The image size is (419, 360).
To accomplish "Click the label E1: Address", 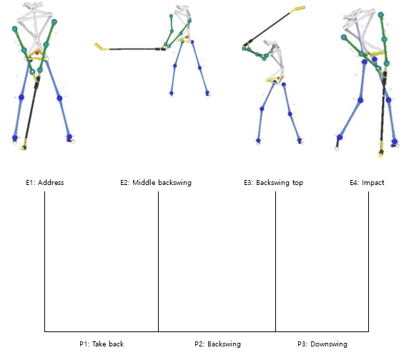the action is [x=44, y=183].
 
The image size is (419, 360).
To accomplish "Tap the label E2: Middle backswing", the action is [x=156, y=183].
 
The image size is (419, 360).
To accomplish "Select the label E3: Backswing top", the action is [x=273, y=183].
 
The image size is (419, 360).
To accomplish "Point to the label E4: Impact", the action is [x=367, y=183].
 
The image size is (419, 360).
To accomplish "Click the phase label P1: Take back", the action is [x=102, y=344].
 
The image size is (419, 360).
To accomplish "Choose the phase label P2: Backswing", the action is [x=217, y=344].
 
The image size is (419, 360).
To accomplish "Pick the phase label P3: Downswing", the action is [x=322, y=344].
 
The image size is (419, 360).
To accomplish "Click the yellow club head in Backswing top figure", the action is [x=299, y=9].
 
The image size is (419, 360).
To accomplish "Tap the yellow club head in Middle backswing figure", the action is [x=100, y=47].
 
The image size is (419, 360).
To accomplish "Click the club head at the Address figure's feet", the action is [x=24, y=146].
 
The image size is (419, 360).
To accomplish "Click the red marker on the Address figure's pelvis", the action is [x=37, y=53].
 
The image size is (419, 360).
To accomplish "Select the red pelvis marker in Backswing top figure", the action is [x=279, y=78].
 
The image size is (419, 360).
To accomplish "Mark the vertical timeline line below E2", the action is [x=159, y=261].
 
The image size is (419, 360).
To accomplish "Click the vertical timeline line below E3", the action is [x=275, y=261].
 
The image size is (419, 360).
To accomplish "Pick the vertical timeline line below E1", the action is [x=44, y=261].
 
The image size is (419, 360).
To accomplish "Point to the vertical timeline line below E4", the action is [x=368, y=261].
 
